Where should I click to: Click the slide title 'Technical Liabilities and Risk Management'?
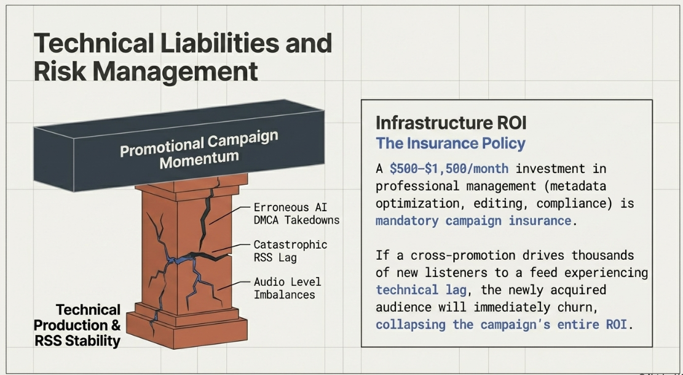[x=183, y=57]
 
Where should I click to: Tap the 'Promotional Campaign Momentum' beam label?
[x=199, y=150]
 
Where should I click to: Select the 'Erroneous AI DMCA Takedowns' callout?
[x=296, y=214]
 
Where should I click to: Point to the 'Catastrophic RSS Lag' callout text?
[x=290, y=251]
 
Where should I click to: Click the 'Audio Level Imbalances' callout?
[x=287, y=288]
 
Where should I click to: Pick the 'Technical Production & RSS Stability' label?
[x=77, y=325]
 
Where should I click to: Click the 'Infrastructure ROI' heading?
[x=451, y=123]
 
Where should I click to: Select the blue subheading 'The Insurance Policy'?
[x=451, y=143]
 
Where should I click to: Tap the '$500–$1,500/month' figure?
[x=449, y=168]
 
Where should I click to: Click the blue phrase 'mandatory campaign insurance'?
[x=473, y=220]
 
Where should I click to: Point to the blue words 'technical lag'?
[x=420, y=290]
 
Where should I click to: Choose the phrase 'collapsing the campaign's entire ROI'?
[x=501, y=325]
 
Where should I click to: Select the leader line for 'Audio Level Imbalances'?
[x=234, y=285]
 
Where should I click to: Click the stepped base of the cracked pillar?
[x=187, y=325]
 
